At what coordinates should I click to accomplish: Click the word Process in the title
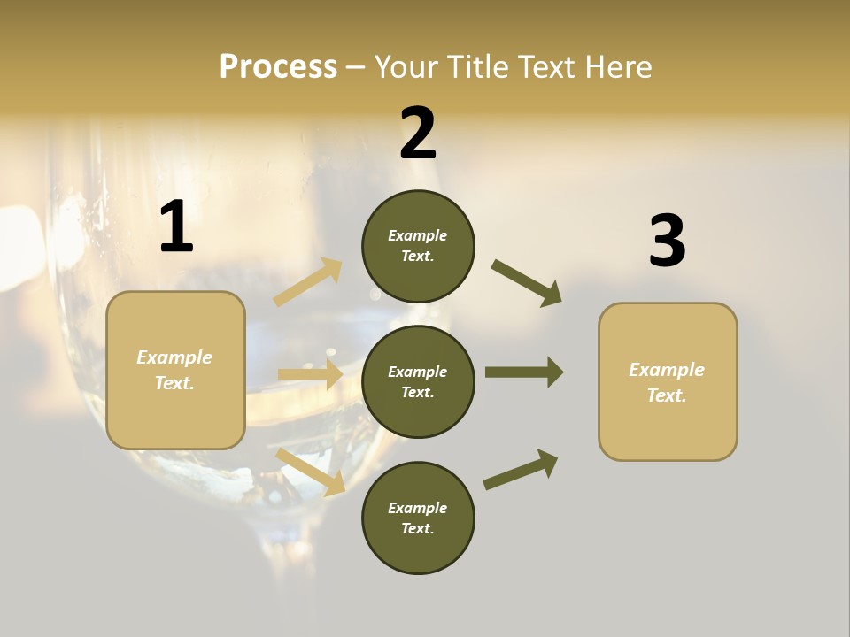[278, 67]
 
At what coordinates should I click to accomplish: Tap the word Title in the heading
[476, 67]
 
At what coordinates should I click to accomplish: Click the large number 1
[176, 227]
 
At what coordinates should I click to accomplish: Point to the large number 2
[418, 134]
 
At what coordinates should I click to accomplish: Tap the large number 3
[667, 241]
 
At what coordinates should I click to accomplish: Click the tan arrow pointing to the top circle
[308, 282]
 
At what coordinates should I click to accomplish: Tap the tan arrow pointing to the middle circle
[310, 374]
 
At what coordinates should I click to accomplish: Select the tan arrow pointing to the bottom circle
[311, 471]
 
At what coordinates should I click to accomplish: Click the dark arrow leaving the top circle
[527, 282]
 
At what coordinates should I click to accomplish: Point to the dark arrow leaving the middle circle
[524, 372]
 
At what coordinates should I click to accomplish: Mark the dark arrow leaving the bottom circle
[522, 469]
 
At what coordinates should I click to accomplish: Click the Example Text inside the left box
[175, 370]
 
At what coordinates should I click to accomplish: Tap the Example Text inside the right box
[667, 382]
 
